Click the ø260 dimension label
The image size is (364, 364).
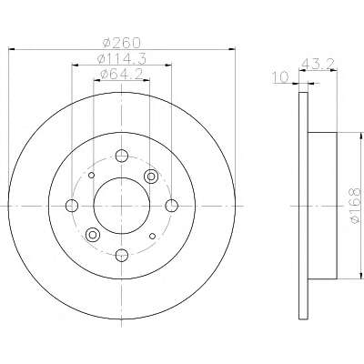122,43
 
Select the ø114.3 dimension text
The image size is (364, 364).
122,58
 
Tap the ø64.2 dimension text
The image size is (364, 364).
122,74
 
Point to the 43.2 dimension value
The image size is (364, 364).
318,65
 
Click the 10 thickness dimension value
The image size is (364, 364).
280,77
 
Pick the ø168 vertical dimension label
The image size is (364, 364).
355,206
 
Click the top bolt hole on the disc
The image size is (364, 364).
122,156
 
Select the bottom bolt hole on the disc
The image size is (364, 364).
122,255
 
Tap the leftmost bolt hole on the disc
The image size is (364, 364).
72,206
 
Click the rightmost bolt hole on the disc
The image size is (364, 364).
172,206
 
